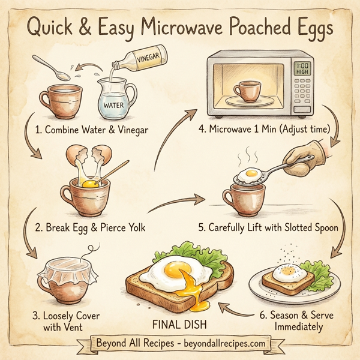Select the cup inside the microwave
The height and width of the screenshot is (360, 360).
click(246, 91)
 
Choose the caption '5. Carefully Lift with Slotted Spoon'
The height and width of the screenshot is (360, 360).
click(269, 227)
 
